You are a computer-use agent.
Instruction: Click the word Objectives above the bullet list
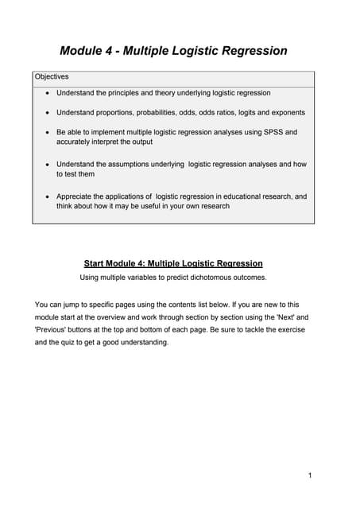coord(52,77)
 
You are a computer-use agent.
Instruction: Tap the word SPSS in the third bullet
coord(274,132)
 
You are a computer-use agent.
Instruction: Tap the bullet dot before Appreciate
coord(48,196)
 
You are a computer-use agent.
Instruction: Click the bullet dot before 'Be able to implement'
coord(48,132)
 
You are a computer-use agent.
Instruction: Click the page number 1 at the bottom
coord(309,476)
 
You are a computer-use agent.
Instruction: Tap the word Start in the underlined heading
coord(95,262)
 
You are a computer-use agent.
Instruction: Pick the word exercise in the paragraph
coord(285,330)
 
